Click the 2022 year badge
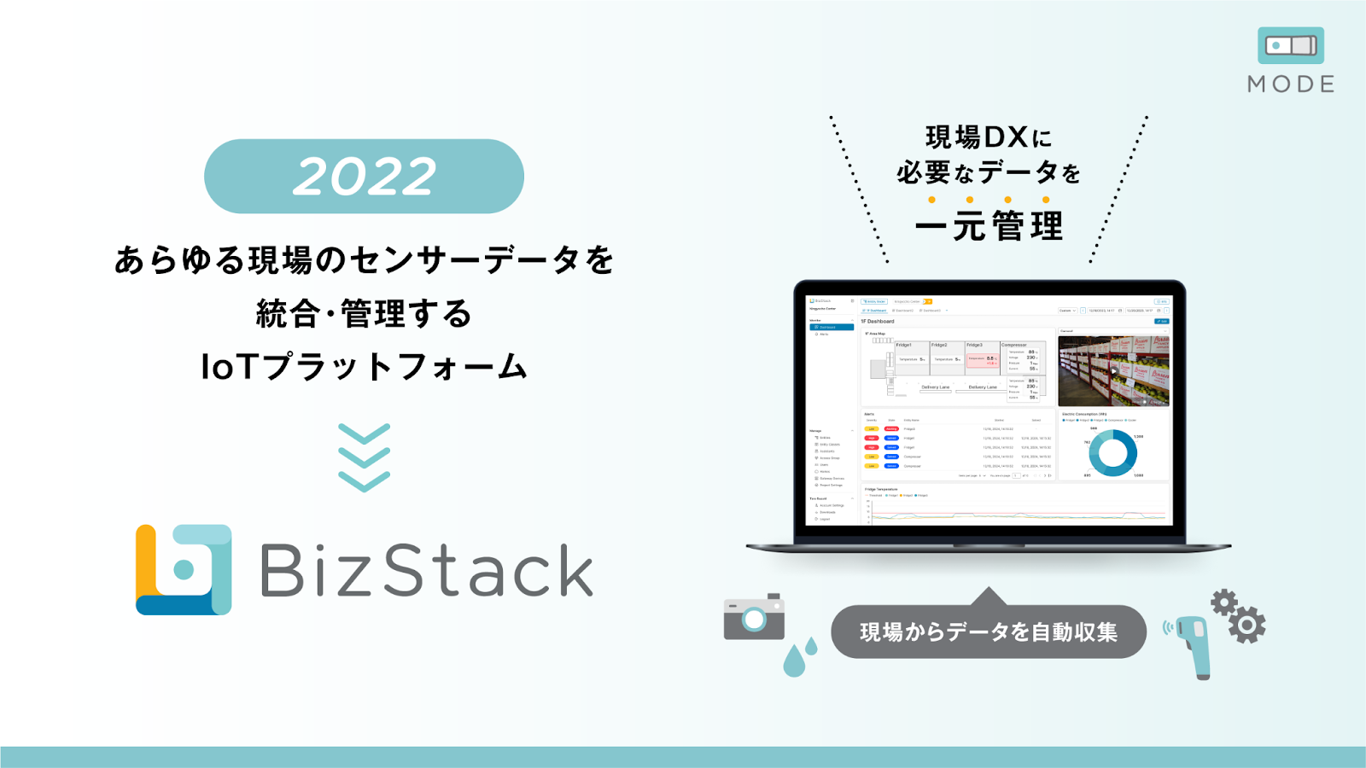[364, 177]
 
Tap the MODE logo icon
[1290, 45]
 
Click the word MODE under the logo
[1291, 84]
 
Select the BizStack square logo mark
[184, 569]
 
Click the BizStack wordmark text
[426, 570]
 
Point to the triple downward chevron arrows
[365, 457]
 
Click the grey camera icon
[754, 616]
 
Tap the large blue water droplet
[794, 660]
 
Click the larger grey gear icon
[1247, 625]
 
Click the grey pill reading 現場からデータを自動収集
[988, 632]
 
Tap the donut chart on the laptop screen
[1112, 452]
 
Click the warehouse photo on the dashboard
[1113, 370]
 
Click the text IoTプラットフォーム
[364, 367]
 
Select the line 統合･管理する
[364, 314]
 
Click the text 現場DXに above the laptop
[989, 137]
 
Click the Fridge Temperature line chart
[1016, 509]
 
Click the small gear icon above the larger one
[1223, 602]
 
